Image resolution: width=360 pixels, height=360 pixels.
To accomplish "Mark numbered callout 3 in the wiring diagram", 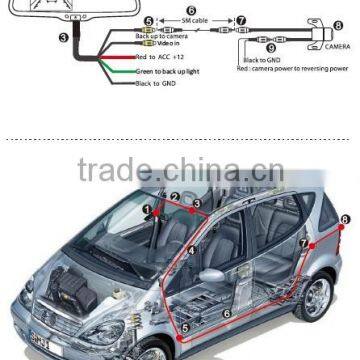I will [x=65, y=38].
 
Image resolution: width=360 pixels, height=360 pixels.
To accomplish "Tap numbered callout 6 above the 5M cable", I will [x=192, y=7].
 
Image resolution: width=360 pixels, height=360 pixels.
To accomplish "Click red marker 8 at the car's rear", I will [x=345, y=219].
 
